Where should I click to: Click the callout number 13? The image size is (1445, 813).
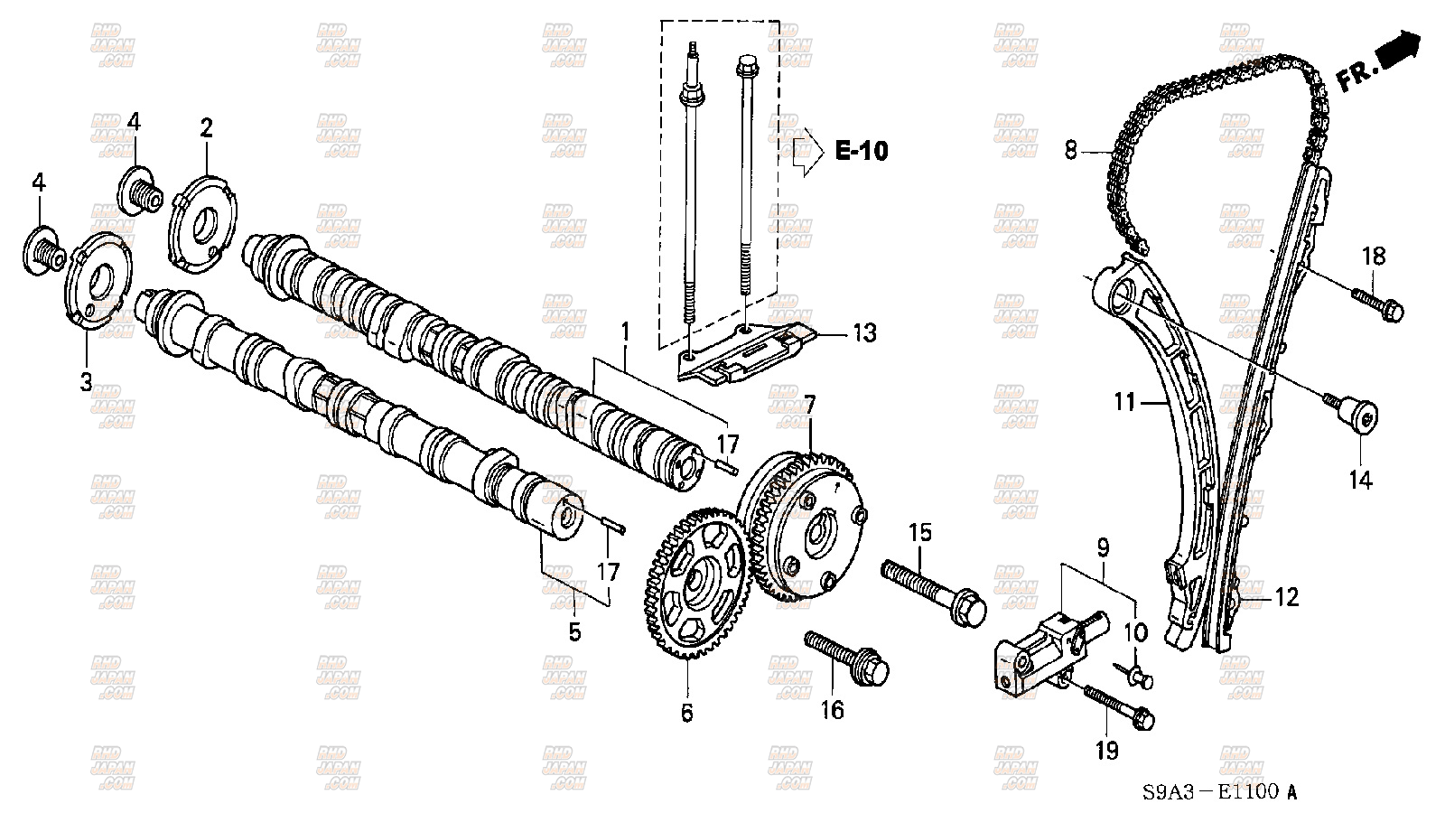pos(864,333)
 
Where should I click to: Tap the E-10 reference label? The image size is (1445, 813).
pos(860,151)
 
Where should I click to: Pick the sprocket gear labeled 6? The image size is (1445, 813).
pos(699,584)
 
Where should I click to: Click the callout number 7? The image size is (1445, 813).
pos(809,404)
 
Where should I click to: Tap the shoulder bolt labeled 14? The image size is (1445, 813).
pos(1358,421)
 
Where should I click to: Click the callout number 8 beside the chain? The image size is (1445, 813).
pos(1071,150)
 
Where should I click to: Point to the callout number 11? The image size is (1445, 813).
pos(1123,401)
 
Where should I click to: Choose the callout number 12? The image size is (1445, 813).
pos(1286,596)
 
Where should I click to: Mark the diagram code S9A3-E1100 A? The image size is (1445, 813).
pos(1219,792)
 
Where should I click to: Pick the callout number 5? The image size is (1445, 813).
pos(574,631)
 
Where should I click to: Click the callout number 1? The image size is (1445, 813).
pos(623,333)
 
